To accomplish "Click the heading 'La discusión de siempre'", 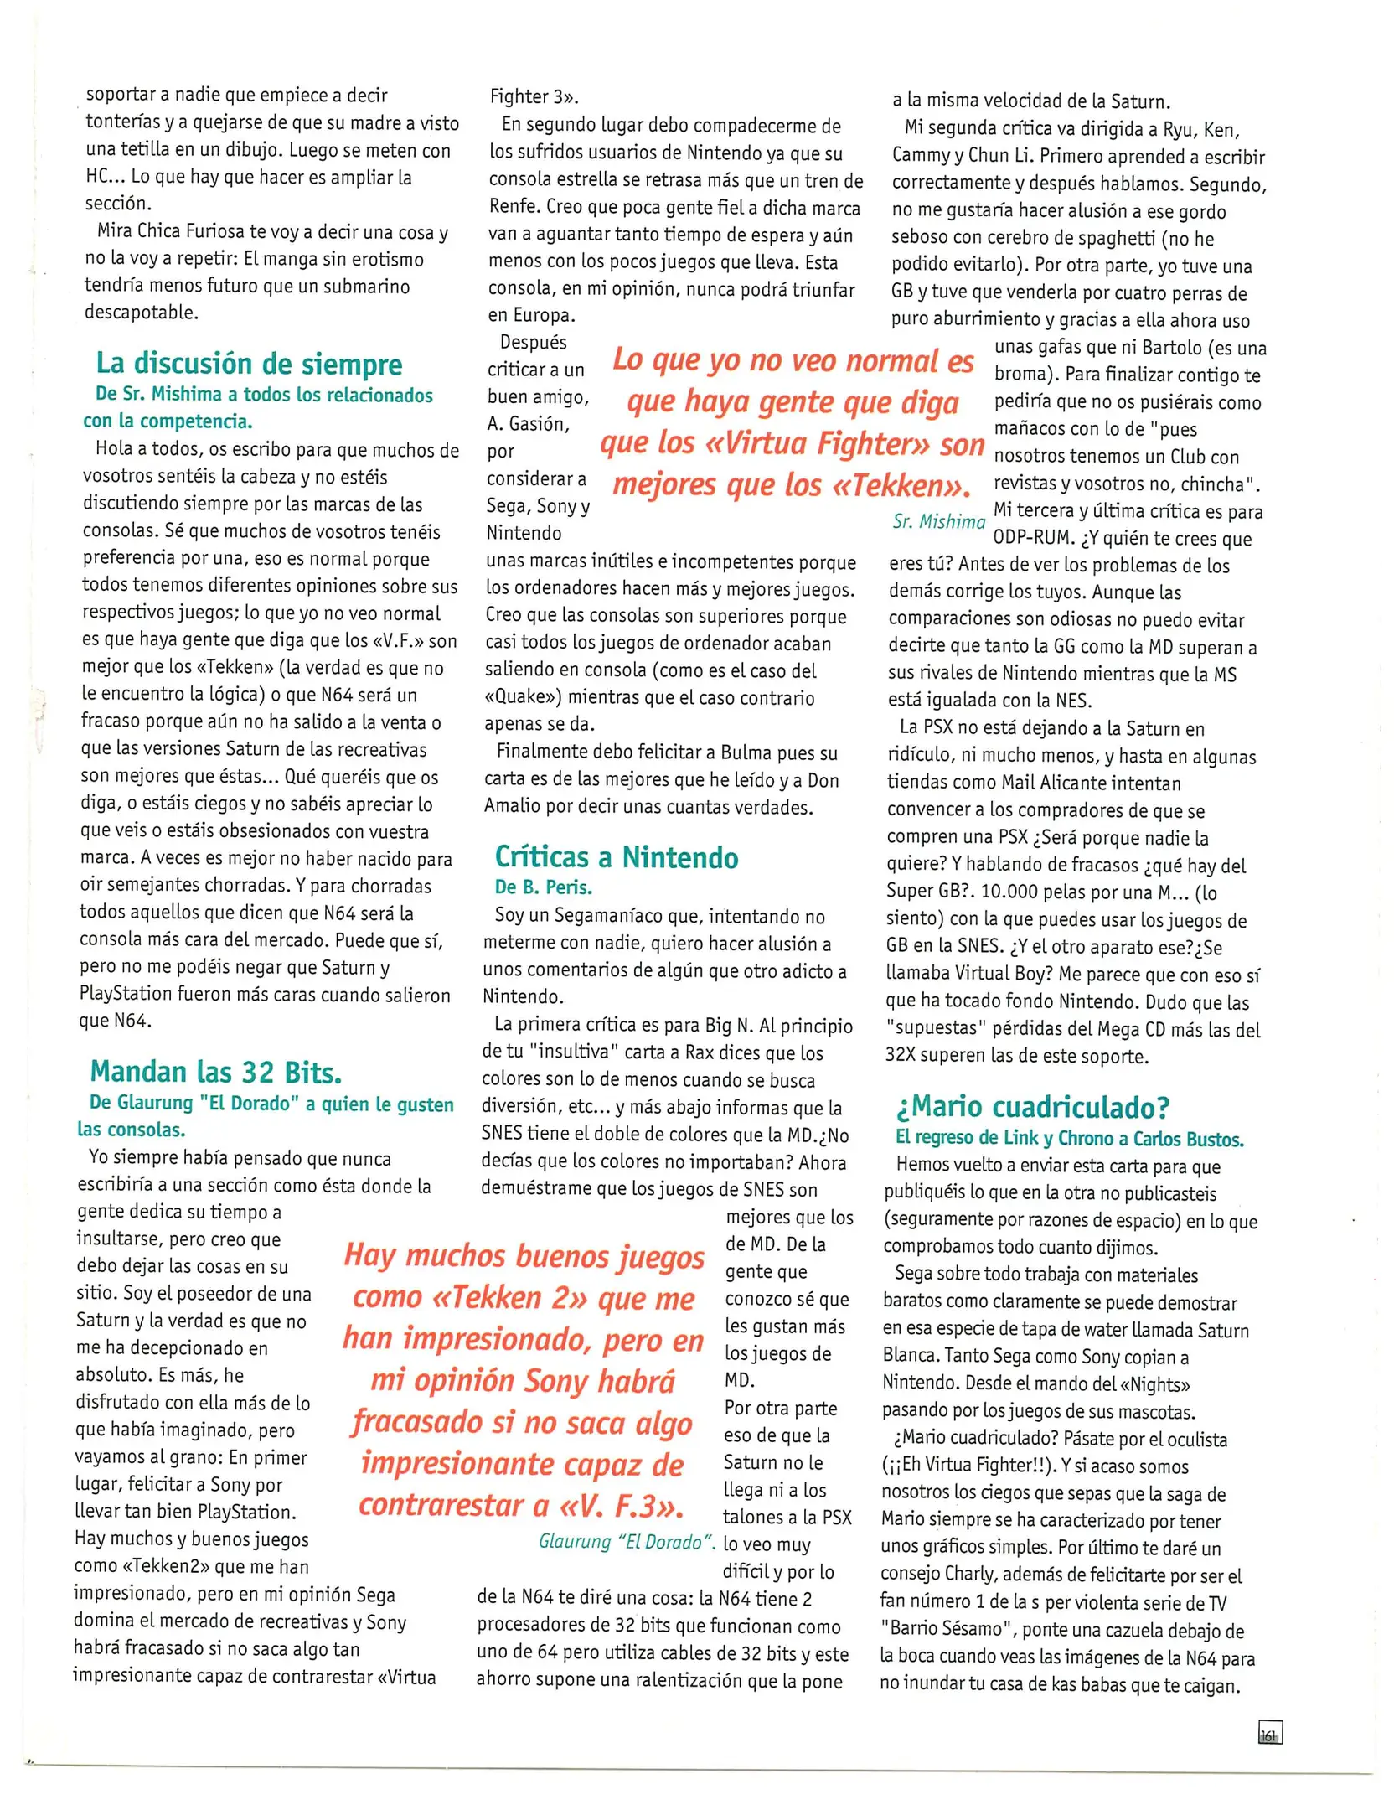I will pos(249,364).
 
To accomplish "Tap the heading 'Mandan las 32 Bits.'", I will pos(215,1072).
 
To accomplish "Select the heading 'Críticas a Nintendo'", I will pos(616,856).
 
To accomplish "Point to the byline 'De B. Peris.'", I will pos(543,887).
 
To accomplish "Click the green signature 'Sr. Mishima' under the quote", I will pos(938,521).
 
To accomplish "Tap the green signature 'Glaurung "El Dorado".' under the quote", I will pos(626,1542).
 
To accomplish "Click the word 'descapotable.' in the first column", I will pos(141,313).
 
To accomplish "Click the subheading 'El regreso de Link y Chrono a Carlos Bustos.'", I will pos(1069,1138).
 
